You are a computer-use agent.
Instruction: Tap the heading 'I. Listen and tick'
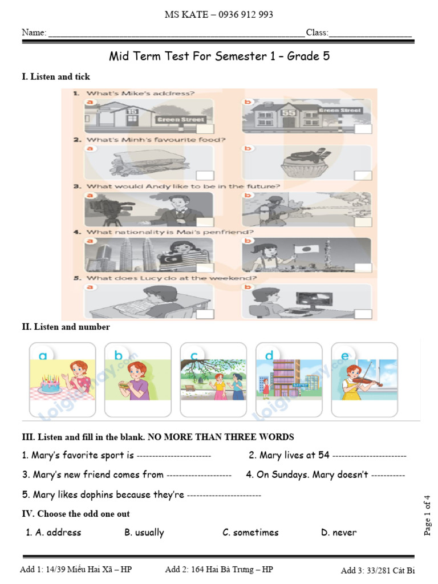click(x=56, y=76)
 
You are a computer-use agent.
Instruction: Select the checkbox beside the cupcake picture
click(x=363, y=175)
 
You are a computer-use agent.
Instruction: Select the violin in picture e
click(x=365, y=383)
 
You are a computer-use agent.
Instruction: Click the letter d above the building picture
click(x=269, y=356)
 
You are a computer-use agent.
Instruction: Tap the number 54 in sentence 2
click(x=324, y=456)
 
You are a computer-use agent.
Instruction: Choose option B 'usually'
click(x=144, y=533)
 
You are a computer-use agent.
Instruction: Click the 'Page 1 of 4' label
click(x=428, y=516)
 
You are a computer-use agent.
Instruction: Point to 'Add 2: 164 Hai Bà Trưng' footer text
click(x=219, y=570)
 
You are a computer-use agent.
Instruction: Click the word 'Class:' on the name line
click(x=317, y=33)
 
